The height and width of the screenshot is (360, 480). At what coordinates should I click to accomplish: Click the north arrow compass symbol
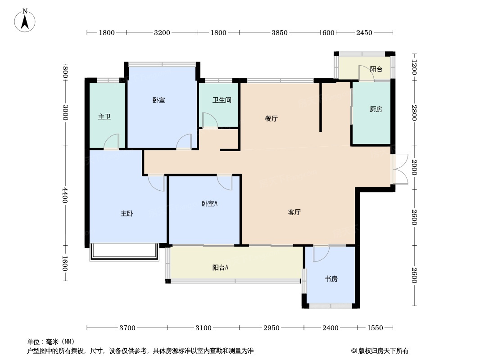click(x=26, y=20)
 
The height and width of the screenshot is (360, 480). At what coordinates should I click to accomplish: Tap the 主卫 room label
click(x=104, y=117)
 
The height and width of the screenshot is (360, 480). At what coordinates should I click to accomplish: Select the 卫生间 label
click(x=222, y=100)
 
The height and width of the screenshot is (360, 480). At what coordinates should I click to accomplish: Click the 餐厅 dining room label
click(x=271, y=119)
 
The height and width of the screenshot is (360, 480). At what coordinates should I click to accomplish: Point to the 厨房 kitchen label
click(x=376, y=109)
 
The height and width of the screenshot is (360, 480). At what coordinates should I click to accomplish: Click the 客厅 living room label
click(x=294, y=212)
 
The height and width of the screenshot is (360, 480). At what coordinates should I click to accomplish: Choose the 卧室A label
click(x=209, y=203)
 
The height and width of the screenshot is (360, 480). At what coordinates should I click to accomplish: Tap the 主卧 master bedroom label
click(x=127, y=214)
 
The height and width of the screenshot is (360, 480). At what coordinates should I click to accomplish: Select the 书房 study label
click(x=331, y=279)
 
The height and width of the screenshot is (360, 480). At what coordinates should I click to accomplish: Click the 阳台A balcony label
click(x=220, y=267)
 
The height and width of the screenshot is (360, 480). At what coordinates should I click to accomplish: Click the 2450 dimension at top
click(x=364, y=32)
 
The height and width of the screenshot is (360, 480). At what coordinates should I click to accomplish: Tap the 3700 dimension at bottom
click(x=127, y=328)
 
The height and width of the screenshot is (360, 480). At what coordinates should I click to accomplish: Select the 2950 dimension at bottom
click(x=272, y=328)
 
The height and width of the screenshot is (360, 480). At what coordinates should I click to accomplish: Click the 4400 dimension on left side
click(x=66, y=195)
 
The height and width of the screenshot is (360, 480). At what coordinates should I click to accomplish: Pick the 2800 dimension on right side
click(x=414, y=113)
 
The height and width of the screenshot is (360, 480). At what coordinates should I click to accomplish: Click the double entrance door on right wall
click(x=400, y=169)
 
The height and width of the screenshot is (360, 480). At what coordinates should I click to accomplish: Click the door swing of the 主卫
click(x=111, y=142)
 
